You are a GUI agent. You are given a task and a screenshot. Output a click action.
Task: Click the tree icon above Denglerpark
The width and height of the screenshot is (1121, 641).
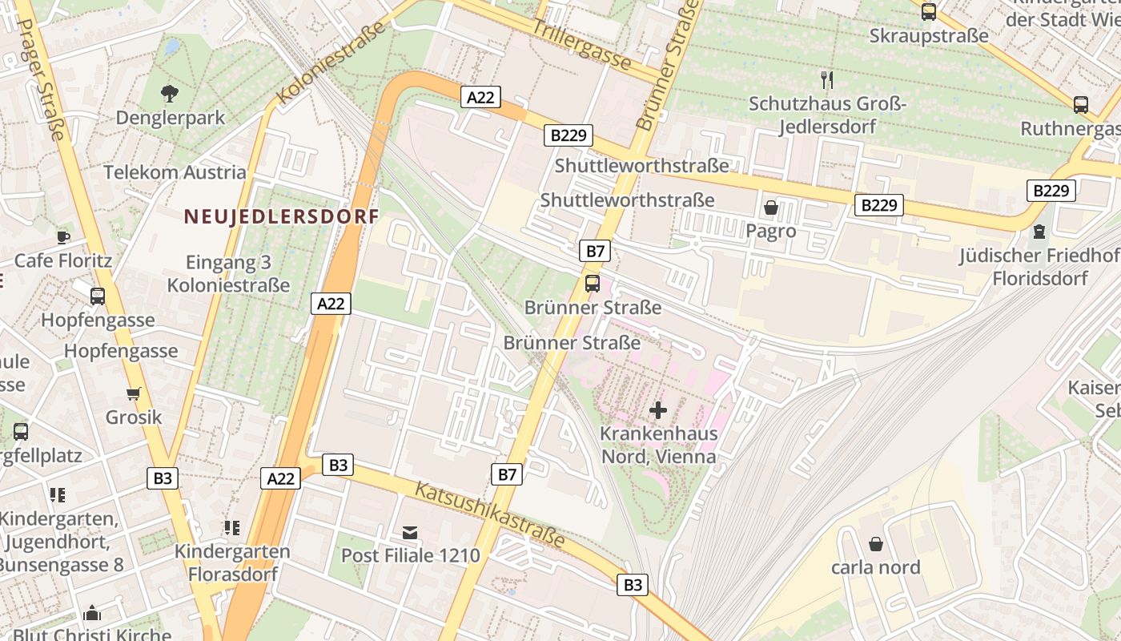coord(169,94)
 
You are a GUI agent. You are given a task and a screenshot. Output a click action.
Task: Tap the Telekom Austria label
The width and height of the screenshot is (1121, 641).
coord(175,172)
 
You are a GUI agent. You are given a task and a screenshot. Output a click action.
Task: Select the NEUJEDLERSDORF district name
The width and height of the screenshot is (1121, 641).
coord(281,216)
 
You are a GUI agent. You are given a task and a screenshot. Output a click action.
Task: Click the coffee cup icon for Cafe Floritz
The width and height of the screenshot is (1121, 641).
coord(63,236)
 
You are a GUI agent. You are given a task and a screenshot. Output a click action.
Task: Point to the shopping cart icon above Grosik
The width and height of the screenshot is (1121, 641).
coord(133,393)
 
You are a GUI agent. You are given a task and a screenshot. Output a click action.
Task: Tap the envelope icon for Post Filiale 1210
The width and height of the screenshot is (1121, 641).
coord(410,532)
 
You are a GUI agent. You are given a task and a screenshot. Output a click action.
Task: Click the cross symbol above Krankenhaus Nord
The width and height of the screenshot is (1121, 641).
coord(658,411)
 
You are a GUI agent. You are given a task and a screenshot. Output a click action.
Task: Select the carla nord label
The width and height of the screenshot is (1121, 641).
coord(875,567)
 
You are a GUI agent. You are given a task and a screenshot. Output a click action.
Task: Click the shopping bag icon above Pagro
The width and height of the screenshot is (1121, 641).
coord(771,208)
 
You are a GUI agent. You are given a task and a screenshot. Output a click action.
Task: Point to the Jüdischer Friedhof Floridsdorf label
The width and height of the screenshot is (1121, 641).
coord(1039,267)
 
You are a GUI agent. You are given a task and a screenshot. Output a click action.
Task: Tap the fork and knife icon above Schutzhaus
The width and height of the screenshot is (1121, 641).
coord(827,79)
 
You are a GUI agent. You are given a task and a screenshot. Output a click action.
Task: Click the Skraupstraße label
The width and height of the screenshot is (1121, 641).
coord(929,36)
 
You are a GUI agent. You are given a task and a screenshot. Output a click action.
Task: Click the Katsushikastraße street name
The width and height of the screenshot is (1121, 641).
coord(490,515)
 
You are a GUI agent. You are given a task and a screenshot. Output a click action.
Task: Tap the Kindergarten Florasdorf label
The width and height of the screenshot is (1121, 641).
coord(232,562)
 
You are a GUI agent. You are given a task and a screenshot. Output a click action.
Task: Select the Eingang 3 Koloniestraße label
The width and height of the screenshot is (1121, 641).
coord(228,273)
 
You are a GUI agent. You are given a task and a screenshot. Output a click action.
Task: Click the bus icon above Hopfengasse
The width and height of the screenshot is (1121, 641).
coord(98,296)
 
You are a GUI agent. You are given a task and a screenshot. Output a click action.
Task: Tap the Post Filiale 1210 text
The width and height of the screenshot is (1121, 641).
coord(410,555)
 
